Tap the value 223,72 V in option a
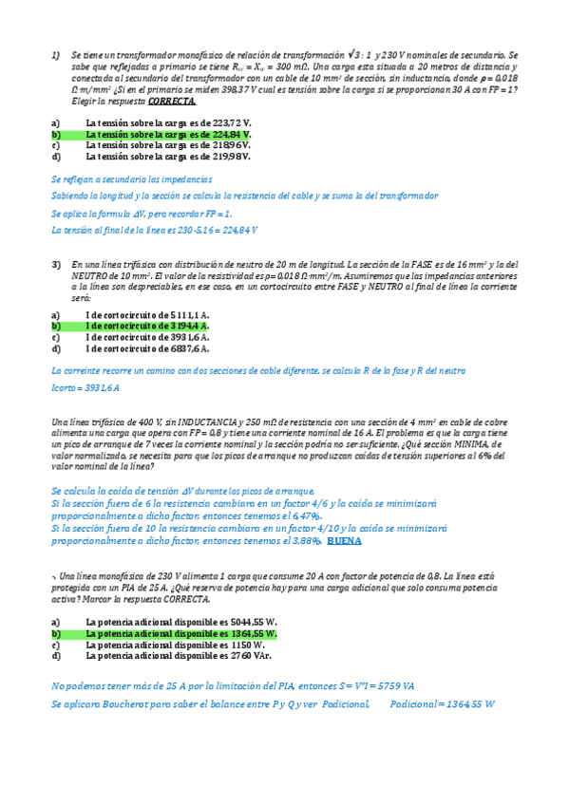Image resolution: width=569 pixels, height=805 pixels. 233,123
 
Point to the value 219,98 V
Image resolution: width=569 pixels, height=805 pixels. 231,157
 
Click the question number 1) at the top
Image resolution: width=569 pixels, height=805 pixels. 56,55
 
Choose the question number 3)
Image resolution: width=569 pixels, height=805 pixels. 56,264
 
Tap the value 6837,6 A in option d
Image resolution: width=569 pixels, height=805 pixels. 190,348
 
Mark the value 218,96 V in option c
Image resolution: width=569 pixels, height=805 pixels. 233,145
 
